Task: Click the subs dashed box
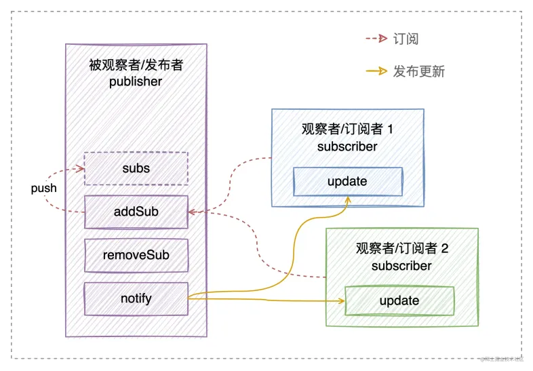pos(136,168)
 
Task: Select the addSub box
pos(136,212)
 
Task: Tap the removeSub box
pos(136,255)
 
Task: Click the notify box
pos(136,298)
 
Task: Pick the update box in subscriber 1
pos(347,181)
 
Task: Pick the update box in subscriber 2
pos(399,300)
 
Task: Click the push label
pos(44,188)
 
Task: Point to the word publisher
pos(136,81)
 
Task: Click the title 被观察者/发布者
pos(136,65)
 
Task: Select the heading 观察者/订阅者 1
pos(347,130)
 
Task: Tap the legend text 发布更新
pos(418,71)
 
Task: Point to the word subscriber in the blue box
pos(347,147)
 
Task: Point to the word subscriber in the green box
pos(401,266)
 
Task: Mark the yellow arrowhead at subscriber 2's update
pos(341,300)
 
